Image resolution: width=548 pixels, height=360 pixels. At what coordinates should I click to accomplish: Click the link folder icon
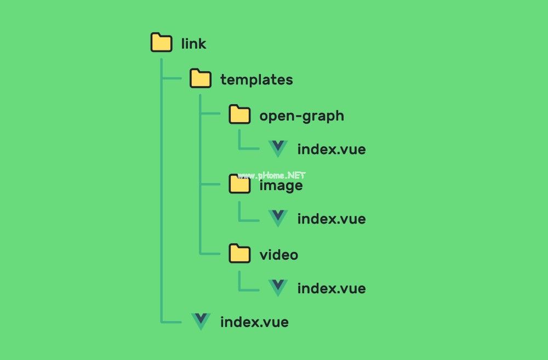point(162,42)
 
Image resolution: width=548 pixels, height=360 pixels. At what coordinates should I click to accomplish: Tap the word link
point(193,44)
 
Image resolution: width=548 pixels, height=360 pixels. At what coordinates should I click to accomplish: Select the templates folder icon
point(201,78)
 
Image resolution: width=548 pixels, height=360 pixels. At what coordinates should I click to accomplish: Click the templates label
point(256,79)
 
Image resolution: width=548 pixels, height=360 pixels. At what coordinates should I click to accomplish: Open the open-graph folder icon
point(240,115)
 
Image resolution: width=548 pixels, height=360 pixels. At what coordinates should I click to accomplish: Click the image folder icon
point(240,184)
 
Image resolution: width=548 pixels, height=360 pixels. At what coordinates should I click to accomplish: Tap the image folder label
point(281,185)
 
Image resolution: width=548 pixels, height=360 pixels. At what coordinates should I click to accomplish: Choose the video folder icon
point(240,253)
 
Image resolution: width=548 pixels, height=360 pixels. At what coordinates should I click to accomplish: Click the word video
point(279,255)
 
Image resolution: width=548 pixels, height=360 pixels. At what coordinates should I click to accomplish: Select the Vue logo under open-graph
point(278,148)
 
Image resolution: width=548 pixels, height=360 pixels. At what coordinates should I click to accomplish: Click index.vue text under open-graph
point(332,149)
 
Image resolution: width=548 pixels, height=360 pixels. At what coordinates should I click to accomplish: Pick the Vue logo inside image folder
point(278,218)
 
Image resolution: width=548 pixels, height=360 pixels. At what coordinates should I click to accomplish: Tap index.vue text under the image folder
point(332,219)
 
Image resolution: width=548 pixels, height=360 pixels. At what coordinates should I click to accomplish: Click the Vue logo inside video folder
point(278,287)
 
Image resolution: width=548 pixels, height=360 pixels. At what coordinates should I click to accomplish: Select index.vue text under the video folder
point(332,288)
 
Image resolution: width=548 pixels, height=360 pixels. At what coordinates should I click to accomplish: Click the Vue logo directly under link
point(201,321)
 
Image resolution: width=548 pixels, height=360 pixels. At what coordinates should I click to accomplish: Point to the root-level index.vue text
point(254,322)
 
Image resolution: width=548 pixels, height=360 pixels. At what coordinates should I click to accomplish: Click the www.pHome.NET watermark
point(272,175)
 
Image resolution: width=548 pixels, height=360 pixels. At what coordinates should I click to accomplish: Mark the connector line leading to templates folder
point(172,78)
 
